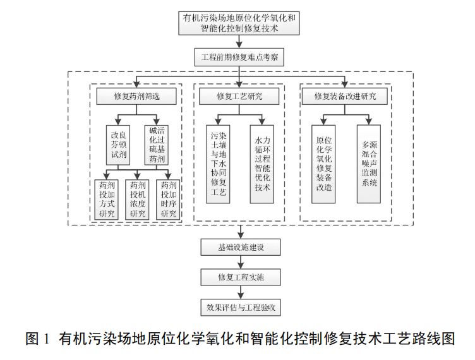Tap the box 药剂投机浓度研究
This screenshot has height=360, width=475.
point(136,199)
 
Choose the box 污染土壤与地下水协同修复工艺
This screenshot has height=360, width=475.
point(218,164)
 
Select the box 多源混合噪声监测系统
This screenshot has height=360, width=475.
point(369,164)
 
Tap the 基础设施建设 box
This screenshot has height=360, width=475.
point(240,247)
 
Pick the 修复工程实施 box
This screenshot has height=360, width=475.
point(240,278)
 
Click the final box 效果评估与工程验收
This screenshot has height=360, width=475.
point(240,309)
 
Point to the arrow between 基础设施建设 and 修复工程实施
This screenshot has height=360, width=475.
point(240,263)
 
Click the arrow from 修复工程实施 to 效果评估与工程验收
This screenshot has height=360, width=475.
point(240,294)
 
